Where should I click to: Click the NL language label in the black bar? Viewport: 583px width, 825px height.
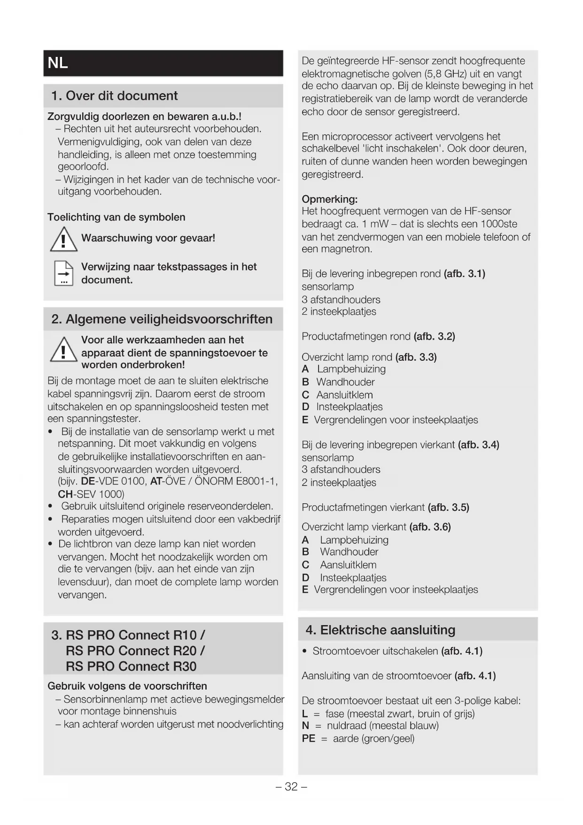tap(58, 63)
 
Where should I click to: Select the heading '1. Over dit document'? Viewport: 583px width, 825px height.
tap(114, 95)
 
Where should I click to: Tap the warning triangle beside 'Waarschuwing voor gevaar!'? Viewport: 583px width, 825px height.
tap(63, 239)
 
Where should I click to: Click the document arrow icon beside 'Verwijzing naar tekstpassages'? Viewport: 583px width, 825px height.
tap(64, 273)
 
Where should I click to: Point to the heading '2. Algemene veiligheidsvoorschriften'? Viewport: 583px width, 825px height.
tap(162, 319)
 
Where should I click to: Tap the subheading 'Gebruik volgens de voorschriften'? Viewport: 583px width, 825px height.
tap(127, 686)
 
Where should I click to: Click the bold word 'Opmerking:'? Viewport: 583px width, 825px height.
tap(329, 199)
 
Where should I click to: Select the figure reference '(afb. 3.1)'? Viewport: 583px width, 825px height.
tap(464, 274)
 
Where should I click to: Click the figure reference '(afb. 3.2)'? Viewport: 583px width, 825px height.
tap(434, 336)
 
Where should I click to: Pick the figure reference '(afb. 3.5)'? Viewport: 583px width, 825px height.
tap(448, 508)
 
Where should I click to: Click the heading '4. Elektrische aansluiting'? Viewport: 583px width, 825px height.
tap(380, 630)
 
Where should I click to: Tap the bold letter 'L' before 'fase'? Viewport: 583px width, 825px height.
tap(305, 714)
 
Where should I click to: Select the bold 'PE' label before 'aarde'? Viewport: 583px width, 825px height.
tap(308, 738)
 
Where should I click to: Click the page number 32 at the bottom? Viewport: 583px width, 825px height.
tap(291, 786)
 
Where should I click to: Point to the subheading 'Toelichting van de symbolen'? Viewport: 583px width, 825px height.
tap(116, 217)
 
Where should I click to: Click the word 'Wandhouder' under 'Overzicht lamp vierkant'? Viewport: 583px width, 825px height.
tap(349, 552)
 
